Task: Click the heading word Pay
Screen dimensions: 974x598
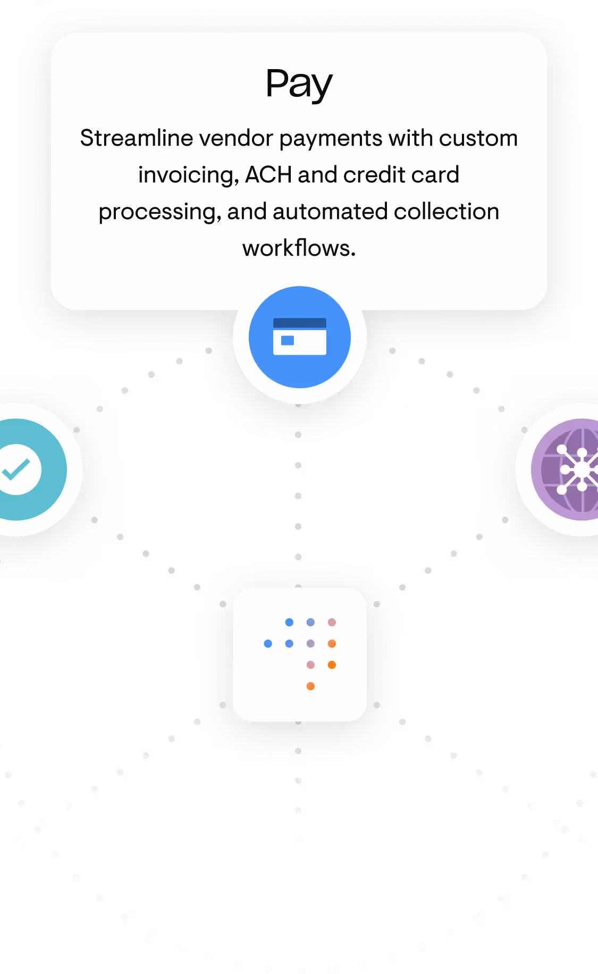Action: click(299, 84)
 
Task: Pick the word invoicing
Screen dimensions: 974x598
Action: click(188, 175)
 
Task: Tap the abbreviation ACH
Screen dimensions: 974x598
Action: click(268, 175)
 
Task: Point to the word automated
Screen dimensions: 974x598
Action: click(330, 212)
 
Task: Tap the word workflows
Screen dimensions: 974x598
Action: click(298, 248)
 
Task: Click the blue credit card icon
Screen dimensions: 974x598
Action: click(300, 337)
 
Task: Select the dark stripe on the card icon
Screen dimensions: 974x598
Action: click(300, 323)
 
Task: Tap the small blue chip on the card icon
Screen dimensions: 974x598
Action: click(288, 340)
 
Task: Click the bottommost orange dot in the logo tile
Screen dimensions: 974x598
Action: click(310, 686)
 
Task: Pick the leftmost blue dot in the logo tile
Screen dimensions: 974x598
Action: click(268, 644)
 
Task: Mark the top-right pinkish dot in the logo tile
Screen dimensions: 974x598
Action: click(332, 623)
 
